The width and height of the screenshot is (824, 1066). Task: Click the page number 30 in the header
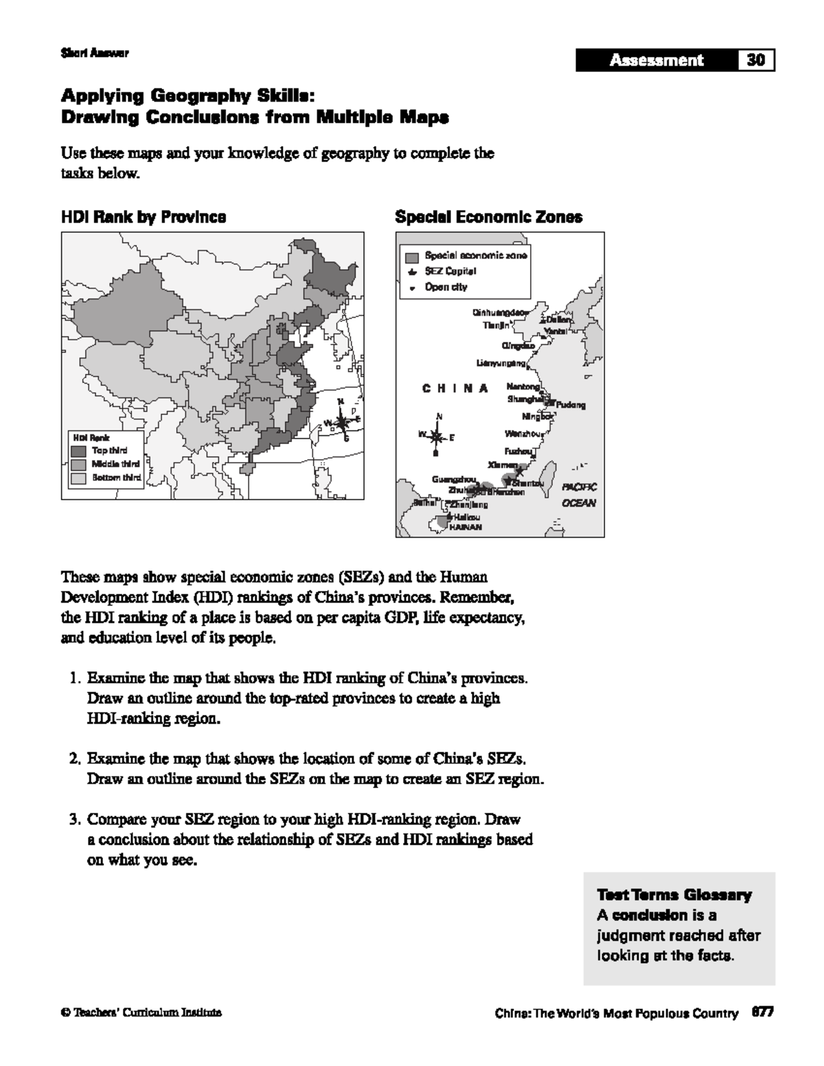coord(756,60)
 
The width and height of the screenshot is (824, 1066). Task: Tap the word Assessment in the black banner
coord(656,60)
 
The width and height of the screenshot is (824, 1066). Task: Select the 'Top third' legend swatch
coord(79,451)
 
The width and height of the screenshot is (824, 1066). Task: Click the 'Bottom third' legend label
coord(116,478)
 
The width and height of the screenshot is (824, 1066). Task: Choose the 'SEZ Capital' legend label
coord(450,271)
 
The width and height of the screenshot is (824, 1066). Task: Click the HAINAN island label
coord(465,527)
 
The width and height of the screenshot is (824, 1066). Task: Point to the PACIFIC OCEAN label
coord(579,495)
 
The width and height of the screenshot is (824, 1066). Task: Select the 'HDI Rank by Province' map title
coord(144,218)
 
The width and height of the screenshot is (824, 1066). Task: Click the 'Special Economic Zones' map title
coord(488,218)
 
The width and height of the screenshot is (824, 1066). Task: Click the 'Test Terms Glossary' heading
coord(674,895)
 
